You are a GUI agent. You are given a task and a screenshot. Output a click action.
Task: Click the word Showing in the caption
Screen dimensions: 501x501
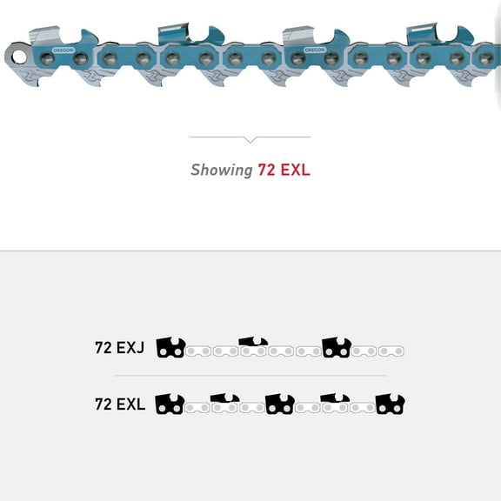222,170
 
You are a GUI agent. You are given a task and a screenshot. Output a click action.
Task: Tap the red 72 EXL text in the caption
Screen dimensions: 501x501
284,170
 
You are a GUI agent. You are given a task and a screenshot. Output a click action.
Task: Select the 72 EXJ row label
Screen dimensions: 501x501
119,348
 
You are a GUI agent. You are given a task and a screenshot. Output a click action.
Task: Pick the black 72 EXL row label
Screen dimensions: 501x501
119,404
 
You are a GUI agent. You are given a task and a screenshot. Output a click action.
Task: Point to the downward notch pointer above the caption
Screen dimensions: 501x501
250,139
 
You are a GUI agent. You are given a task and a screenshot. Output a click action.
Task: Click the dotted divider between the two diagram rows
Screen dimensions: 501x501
250,376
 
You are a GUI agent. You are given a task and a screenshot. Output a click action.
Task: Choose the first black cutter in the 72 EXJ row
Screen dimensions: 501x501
170,348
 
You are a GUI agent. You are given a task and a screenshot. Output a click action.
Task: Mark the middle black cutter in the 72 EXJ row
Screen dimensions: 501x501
253,345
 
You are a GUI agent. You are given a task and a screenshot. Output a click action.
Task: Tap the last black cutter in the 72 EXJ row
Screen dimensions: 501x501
337,348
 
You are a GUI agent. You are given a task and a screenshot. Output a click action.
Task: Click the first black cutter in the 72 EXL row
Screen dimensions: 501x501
170,404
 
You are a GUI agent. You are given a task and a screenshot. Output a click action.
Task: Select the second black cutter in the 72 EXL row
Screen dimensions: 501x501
224,402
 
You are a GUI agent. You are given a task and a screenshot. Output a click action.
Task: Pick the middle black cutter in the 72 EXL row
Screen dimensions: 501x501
280,404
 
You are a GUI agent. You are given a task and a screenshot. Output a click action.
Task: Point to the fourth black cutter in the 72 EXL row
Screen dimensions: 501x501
335,402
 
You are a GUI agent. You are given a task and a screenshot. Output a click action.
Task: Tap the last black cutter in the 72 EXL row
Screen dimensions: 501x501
391,404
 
